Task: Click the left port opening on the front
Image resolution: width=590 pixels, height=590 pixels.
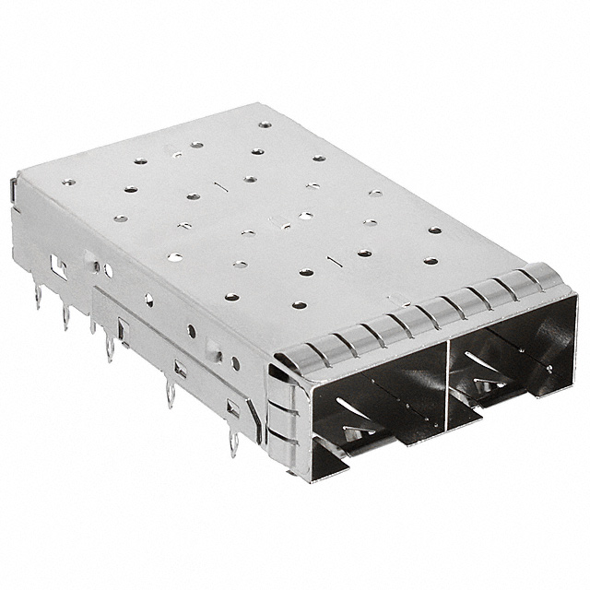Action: (378, 406)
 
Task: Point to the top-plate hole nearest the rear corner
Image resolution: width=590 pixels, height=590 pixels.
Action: (265, 124)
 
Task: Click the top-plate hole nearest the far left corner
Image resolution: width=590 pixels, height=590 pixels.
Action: (68, 182)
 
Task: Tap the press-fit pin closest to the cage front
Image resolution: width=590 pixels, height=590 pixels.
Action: (232, 443)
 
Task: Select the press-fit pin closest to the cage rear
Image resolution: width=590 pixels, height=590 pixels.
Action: (38, 296)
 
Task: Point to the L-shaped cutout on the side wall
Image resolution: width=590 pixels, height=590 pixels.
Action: (58, 268)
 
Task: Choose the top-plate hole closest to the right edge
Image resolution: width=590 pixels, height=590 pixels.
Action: (434, 230)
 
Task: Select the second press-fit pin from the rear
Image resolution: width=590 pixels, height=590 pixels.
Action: (65, 316)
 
